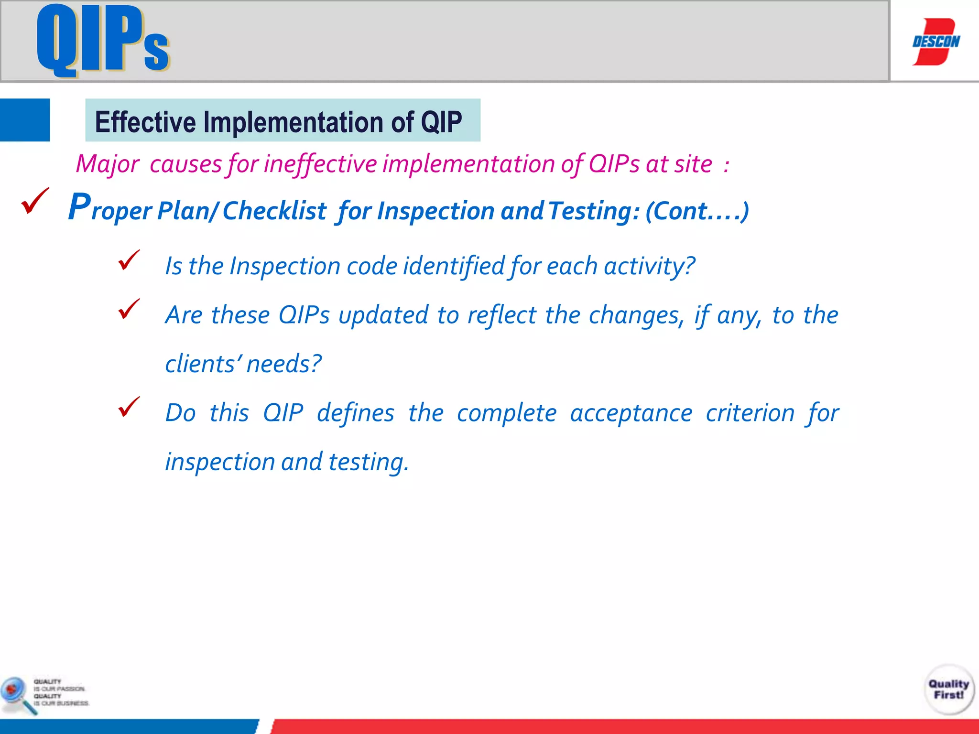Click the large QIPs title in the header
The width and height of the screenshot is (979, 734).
click(x=103, y=41)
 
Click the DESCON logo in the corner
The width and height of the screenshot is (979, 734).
click(x=935, y=42)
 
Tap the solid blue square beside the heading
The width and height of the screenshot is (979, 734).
click(x=25, y=120)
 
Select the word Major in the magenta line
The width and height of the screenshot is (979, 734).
click(x=108, y=164)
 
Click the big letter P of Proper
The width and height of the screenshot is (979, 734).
click(x=79, y=207)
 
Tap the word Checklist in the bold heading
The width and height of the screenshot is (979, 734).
click(x=274, y=211)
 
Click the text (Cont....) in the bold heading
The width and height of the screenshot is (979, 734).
click(x=697, y=211)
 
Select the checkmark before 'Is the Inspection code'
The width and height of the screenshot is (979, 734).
click(x=129, y=260)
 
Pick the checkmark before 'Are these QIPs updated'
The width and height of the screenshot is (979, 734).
click(x=129, y=309)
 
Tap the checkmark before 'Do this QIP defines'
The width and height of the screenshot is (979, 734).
click(x=129, y=407)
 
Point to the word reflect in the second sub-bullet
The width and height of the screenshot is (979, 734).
click(x=501, y=315)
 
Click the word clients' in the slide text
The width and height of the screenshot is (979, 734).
click(x=204, y=364)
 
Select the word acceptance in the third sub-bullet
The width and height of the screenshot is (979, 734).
click(x=631, y=413)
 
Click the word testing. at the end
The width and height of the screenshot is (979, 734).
click(x=369, y=462)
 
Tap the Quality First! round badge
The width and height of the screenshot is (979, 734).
click(x=948, y=690)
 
